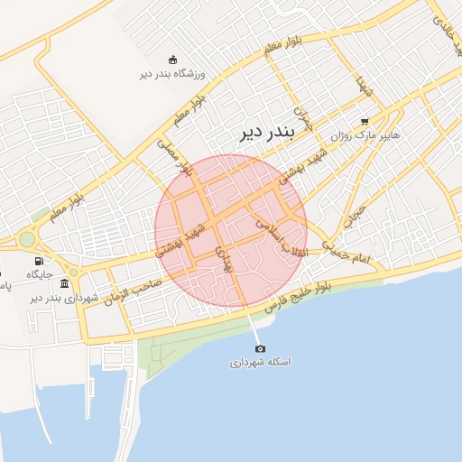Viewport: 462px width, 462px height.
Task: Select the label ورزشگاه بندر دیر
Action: pos(174,73)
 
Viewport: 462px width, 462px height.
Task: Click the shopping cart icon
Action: pos(365,121)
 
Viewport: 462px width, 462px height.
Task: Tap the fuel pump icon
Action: pos(39,261)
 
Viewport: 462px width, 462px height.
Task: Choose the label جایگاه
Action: pos(40,273)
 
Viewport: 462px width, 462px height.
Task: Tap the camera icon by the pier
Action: pos(260,348)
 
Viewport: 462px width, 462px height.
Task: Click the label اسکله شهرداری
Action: pos(260,362)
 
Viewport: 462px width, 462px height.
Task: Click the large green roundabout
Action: pos(27,240)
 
